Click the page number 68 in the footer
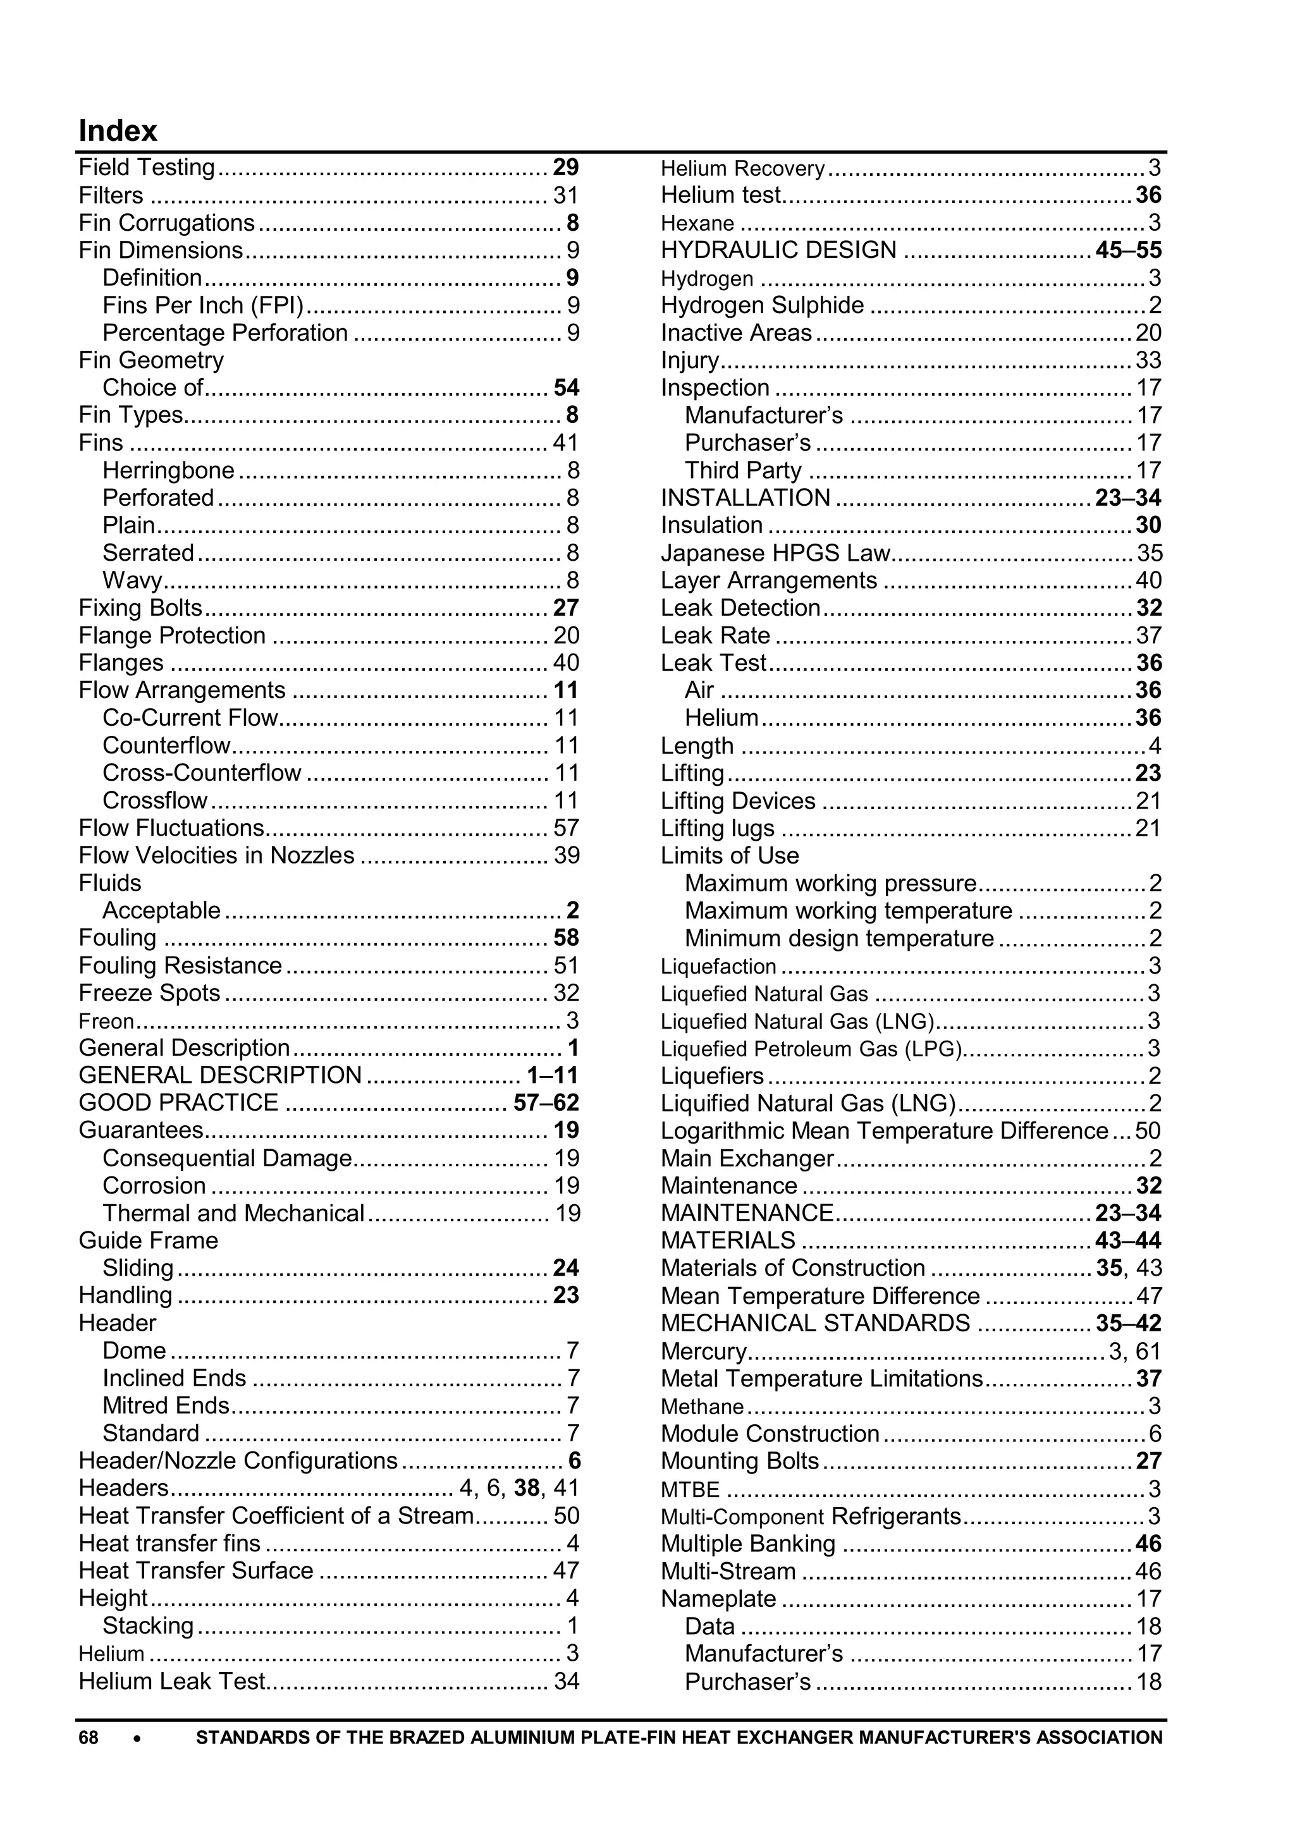click(x=88, y=1737)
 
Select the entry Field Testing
click(x=147, y=168)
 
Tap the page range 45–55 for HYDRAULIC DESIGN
click(x=1128, y=250)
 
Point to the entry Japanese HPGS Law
click(x=775, y=553)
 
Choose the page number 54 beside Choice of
click(x=566, y=388)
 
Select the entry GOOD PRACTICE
click(x=178, y=1102)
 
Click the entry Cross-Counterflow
click(x=202, y=773)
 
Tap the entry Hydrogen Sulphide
click(x=762, y=305)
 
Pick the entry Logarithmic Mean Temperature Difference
click(x=884, y=1131)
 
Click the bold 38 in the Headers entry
click(x=527, y=1488)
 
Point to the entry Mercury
click(x=703, y=1351)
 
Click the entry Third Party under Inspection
click(x=743, y=471)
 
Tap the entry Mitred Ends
click(x=166, y=1405)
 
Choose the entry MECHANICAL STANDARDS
click(x=814, y=1323)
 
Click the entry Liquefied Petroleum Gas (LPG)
click(x=811, y=1049)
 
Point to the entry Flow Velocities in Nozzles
click(x=216, y=855)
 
